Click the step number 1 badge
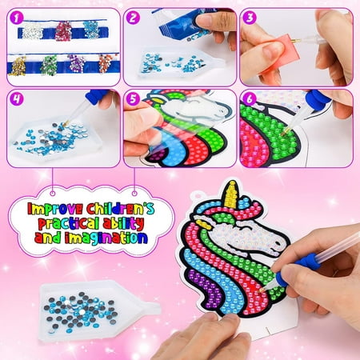[17, 18]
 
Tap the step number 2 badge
[133, 18]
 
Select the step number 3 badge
[250, 18]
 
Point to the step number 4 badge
[17, 98]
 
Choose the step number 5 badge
[133, 98]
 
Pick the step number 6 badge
[250, 98]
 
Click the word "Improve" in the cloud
[55, 209]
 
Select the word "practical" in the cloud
[69, 223]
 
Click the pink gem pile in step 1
[63, 31]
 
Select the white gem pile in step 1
[32, 30]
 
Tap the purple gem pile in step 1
[76, 64]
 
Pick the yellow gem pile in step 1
[18, 66]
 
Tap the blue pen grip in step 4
[96, 95]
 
